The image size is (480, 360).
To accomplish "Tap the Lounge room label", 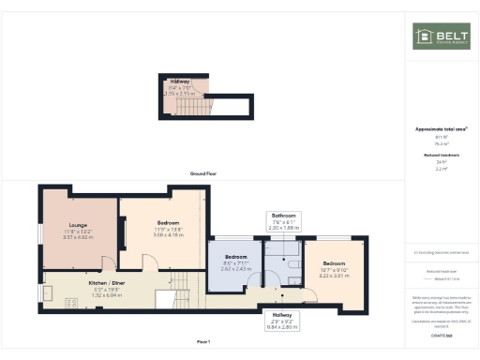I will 76,229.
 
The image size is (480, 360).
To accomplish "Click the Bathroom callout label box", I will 284,220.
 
